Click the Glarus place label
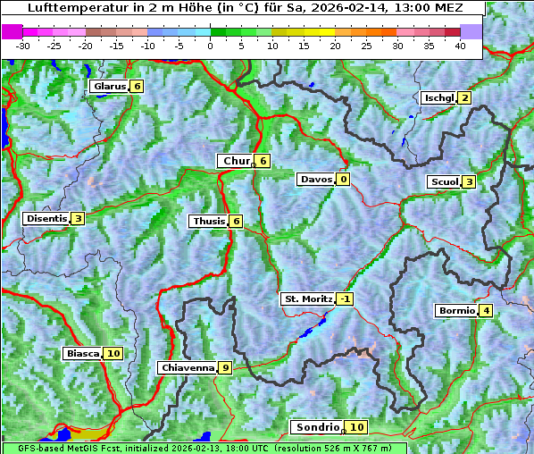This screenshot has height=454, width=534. click(108, 87)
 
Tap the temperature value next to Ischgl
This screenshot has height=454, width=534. click(464, 98)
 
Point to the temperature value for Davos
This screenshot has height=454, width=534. click(343, 180)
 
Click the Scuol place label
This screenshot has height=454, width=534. click(444, 182)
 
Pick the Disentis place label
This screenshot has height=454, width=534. click(46, 219)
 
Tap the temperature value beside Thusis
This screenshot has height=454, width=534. click(236, 222)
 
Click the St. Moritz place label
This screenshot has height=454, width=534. click(307, 299)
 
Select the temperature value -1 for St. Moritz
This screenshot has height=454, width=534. click(345, 299)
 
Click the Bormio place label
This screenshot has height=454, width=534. click(455, 311)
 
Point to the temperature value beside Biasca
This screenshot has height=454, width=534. click(113, 354)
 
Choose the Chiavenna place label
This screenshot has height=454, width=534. click(187, 367)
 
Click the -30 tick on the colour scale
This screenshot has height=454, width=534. click(23, 45)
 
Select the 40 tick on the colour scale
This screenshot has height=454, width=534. click(460, 45)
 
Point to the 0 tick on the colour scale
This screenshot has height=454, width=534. click(210, 45)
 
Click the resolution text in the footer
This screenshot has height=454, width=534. click(339, 449)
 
